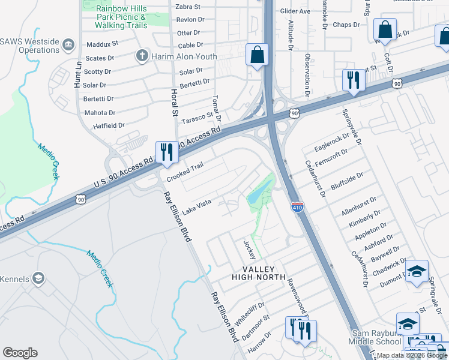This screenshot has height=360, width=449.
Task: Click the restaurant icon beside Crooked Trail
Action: (x=166, y=152)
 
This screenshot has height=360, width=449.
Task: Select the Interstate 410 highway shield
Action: (x=298, y=208)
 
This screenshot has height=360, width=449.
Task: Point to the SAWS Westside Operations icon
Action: (x=68, y=45)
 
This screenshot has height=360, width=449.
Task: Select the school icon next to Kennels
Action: (x=39, y=278)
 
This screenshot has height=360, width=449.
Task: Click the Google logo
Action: (x=20, y=353)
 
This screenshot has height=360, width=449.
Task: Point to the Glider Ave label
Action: (x=295, y=11)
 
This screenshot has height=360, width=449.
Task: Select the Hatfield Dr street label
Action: (x=109, y=125)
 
